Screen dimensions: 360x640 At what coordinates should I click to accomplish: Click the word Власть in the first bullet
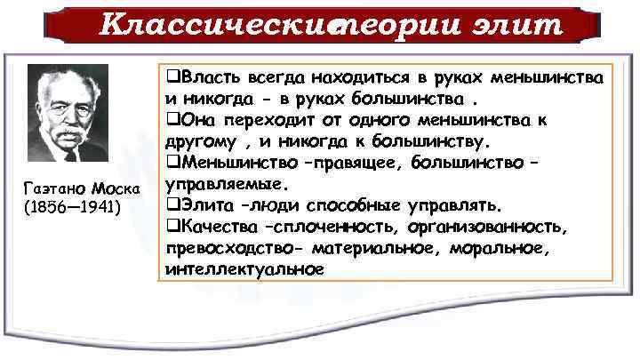click(204, 78)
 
